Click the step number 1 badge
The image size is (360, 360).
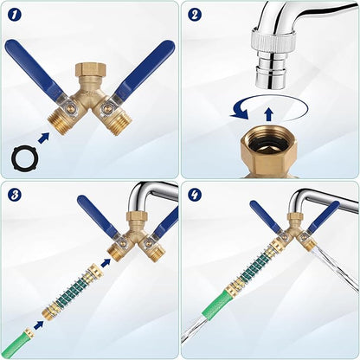coord(15,15)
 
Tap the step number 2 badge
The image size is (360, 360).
coord(195,15)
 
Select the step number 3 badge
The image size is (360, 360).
coord(15,196)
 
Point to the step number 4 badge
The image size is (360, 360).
coord(195,195)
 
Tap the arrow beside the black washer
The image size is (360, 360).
coord(43,138)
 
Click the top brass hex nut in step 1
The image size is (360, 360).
coord(90,70)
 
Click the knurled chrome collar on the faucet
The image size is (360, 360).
coord(271,40)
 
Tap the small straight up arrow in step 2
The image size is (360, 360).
coord(269,115)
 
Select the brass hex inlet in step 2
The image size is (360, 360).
coord(272,153)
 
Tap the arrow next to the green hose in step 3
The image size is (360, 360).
coord(39,325)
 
